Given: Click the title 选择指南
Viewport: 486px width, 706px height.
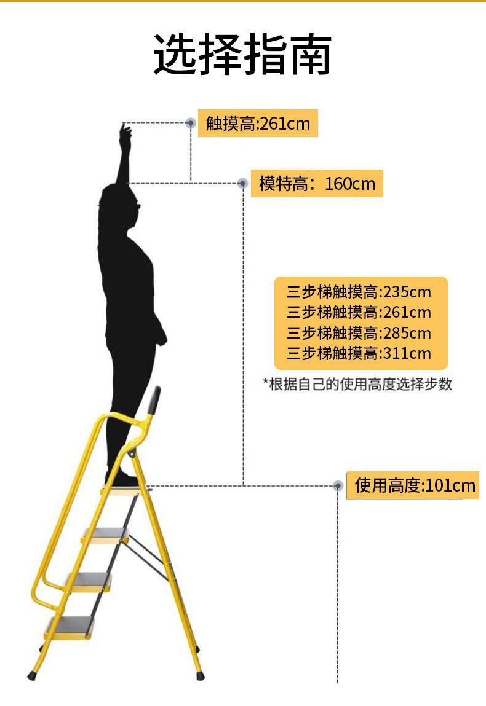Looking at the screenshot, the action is pyautogui.click(x=242, y=55).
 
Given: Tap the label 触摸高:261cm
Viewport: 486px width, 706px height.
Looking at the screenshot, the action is pyautogui.click(x=258, y=124).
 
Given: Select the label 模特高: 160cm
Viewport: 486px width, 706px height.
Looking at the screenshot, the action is pyautogui.click(x=317, y=183).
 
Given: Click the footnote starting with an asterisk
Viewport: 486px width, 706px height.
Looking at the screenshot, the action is pyautogui.click(x=358, y=385).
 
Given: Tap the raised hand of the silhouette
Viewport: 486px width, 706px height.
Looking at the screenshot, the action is pyautogui.click(x=125, y=132).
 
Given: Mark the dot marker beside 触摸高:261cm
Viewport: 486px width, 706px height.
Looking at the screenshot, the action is pyautogui.click(x=191, y=124).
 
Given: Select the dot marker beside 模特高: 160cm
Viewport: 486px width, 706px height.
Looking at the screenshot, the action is pyautogui.click(x=243, y=183).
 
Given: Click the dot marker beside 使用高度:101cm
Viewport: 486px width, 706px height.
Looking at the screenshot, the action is pyautogui.click(x=337, y=486).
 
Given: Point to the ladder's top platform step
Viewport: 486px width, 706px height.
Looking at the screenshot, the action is pyautogui.click(x=126, y=490).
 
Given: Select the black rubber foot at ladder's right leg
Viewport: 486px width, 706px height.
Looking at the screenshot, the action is pyautogui.click(x=199, y=675).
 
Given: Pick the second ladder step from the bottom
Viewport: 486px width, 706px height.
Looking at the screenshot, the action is pyautogui.click(x=88, y=580).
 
